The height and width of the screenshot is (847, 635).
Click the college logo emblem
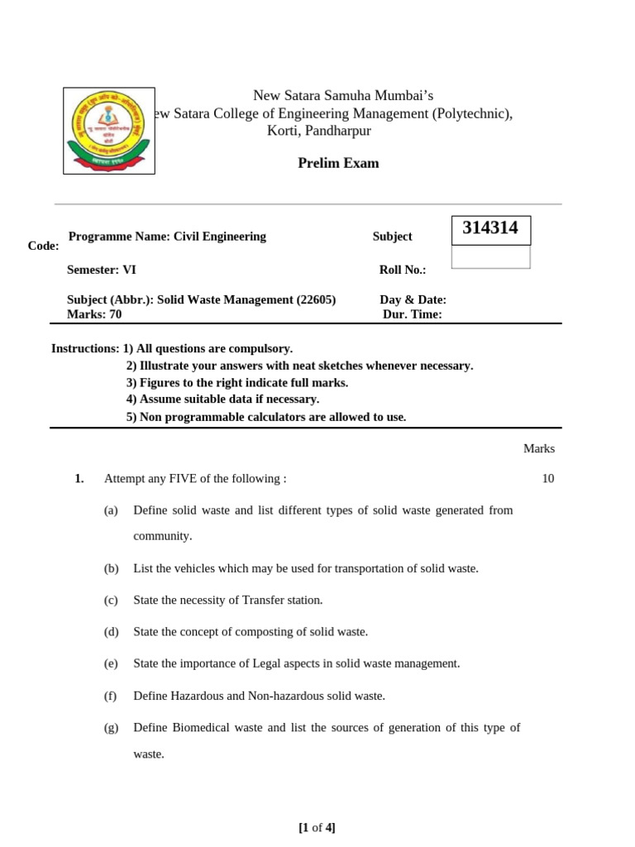click(x=109, y=131)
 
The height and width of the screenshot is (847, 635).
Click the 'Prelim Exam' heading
click(x=338, y=163)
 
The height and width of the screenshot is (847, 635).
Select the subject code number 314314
click(x=490, y=229)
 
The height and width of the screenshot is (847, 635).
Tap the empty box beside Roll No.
click(x=490, y=257)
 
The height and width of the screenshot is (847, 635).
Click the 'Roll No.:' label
click(x=402, y=270)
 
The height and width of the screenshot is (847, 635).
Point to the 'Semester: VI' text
click(x=102, y=270)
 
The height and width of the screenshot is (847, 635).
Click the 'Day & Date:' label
click(x=413, y=299)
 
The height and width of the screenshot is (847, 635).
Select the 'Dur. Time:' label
click(x=412, y=314)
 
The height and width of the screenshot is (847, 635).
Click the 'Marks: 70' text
click(x=93, y=314)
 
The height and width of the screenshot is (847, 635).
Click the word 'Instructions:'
click(x=85, y=349)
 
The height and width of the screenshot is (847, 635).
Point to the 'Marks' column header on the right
click(x=538, y=448)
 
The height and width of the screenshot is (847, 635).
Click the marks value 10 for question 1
click(x=548, y=479)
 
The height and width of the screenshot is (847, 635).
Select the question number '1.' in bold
click(x=79, y=479)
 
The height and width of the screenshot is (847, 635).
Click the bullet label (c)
click(x=111, y=600)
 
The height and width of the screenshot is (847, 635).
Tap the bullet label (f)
click(x=111, y=696)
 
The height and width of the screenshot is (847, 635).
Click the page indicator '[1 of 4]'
click(x=317, y=827)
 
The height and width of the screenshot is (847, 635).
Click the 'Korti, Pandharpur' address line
click(x=318, y=131)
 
